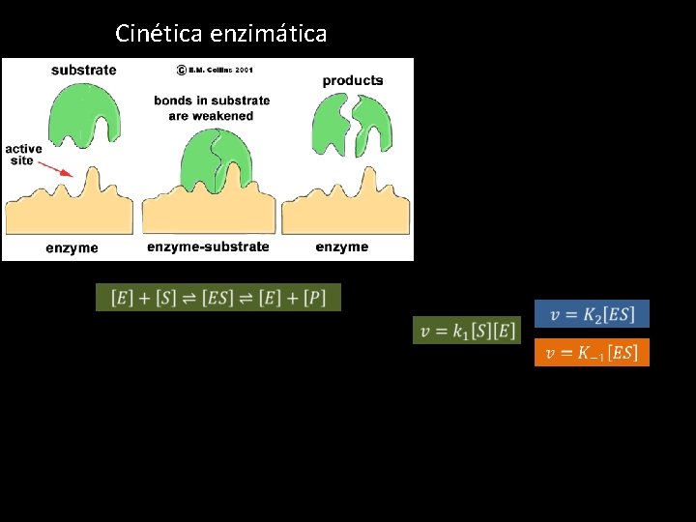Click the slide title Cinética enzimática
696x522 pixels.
[x=220, y=34]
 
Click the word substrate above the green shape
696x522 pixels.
[x=83, y=70]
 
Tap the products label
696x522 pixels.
[x=352, y=80]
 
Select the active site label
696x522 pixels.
[x=23, y=155]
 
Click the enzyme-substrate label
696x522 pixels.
[x=208, y=247]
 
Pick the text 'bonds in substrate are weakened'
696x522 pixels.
[x=212, y=107]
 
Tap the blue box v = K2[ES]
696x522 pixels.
[x=592, y=314]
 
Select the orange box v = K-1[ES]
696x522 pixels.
[x=592, y=353]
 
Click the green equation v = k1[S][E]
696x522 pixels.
[x=467, y=331]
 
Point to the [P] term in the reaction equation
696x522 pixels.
[x=315, y=298]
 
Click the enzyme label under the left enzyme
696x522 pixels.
[x=72, y=248]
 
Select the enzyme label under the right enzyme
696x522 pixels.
[x=341, y=247]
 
